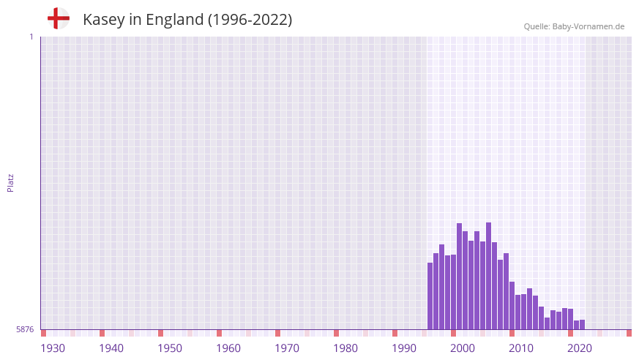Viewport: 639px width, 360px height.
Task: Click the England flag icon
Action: [x=58, y=19]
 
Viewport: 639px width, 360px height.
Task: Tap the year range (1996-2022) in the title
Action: [x=250, y=20]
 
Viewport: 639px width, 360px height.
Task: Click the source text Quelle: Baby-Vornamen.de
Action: [x=574, y=26]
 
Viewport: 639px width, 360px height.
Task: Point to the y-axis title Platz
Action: [x=10, y=183]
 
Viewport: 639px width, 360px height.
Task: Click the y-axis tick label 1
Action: [x=31, y=37]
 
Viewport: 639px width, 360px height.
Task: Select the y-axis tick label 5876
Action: [x=25, y=329]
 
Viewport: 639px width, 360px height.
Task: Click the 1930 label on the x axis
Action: [x=53, y=348]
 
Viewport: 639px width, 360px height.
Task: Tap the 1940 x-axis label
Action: [x=111, y=348]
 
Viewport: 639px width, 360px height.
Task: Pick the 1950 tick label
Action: [x=170, y=348]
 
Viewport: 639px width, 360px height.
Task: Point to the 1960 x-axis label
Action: [x=228, y=348]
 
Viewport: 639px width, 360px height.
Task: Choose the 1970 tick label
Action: [x=287, y=348]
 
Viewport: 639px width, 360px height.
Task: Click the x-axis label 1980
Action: [x=345, y=348]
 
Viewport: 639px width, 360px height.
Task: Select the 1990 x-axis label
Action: [x=404, y=348]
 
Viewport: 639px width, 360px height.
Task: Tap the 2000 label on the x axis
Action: [x=463, y=348]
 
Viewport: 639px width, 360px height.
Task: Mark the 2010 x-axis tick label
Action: [x=521, y=348]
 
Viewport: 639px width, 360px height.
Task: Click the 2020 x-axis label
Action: [x=580, y=348]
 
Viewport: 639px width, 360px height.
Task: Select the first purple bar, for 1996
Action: [x=430, y=296]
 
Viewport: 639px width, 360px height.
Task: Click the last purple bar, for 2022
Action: [x=582, y=325]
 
